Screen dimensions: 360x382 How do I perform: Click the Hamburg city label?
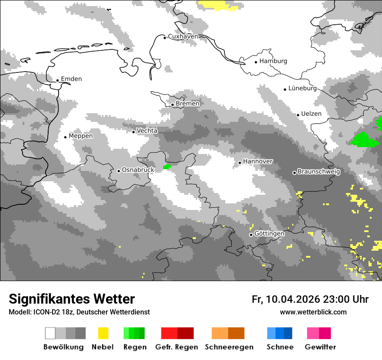(273, 61)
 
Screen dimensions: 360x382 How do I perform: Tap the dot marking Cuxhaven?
(165, 38)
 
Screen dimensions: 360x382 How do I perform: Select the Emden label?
(71, 79)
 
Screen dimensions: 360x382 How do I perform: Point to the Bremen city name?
(188, 104)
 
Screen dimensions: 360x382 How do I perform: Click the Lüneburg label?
(303, 88)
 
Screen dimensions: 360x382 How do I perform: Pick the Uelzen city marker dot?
(298, 115)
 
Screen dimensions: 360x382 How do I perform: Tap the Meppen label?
(81, 136)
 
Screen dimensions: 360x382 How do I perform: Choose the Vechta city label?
(147, 131)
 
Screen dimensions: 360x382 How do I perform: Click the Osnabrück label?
(138, 170)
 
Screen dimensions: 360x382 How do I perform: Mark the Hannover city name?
(258, 161)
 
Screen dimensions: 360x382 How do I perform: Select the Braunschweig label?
(319, 171)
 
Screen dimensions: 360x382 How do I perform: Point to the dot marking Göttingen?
(251, 235)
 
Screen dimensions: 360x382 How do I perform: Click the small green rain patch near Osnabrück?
(167, 167)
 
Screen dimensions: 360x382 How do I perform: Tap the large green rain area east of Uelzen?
(365, 140)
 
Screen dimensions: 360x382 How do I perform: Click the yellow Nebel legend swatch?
(103, 333)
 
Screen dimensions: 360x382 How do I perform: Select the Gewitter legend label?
(320, 347)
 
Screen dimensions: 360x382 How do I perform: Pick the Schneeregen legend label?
(229, 347)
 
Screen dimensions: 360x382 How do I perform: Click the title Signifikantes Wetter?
(72, 299)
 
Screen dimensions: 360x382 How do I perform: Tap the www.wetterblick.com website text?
(313, 312)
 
